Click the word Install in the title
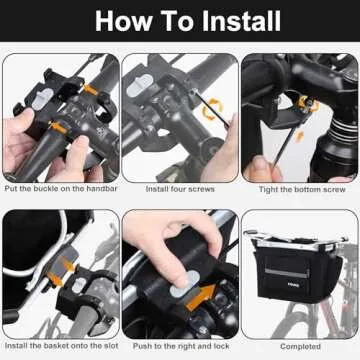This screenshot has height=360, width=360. tap(241, 21)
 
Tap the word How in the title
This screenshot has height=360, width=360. tap(124, 21)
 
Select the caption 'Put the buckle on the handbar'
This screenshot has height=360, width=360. tap(61, 189)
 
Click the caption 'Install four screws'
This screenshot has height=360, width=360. tap(180, 189)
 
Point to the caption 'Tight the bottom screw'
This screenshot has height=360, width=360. tap(302, 189)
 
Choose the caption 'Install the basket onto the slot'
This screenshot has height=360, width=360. tap(62, 346)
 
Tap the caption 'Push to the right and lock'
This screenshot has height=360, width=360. tap(181, 346)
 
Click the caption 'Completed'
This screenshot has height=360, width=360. tap(300, 346)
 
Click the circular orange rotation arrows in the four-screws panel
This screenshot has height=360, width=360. tap(213, 109)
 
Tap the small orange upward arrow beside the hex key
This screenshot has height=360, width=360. tap(299, 137)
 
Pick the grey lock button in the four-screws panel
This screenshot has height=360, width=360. tap(140, 86)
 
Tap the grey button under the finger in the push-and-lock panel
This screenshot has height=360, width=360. tap(185, 285)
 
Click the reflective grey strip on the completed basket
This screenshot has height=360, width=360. tap(286, 272)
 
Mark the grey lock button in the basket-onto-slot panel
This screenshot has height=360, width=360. tap(79, 285)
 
